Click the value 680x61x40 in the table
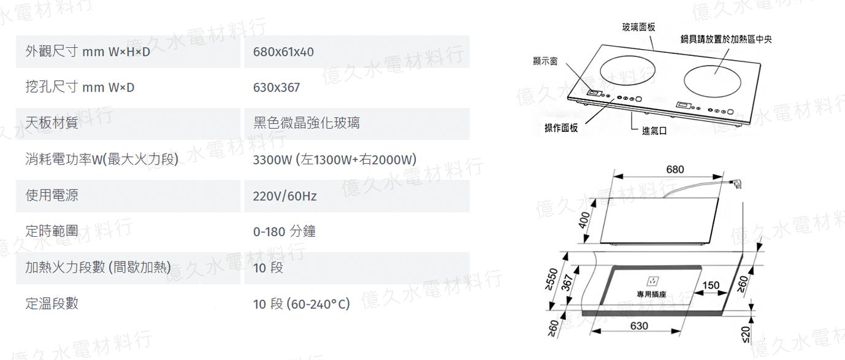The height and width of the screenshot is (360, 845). (x=283, y=52)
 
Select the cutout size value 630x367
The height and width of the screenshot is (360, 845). (x=277, y=88)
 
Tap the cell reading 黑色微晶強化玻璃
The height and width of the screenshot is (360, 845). (x=306, y=123)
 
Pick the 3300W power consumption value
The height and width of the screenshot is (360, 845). (x=335, y=160)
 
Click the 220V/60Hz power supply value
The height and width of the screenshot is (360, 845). (x=285, y=196)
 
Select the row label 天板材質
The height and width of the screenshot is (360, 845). (x=52, y=123)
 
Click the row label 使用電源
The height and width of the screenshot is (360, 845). (x=52, y=196)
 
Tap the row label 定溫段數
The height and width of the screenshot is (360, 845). (x=52, y=304)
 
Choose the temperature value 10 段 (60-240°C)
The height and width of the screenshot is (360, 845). (x=301, y=304)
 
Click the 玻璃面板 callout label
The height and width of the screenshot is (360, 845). (x=638, y=27)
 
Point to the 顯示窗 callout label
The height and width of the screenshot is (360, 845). (x=545, y=61)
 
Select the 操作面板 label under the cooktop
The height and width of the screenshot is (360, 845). (x=561, y=128)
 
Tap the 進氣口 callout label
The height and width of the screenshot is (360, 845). (x=654, y=131)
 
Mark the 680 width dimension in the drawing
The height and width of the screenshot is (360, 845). (x=675, y=169)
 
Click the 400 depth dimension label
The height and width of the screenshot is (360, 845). (x=584, y=219)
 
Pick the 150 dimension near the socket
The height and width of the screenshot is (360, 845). (x=710, y=285)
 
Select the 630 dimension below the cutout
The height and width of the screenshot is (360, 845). (x=639, y=326)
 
